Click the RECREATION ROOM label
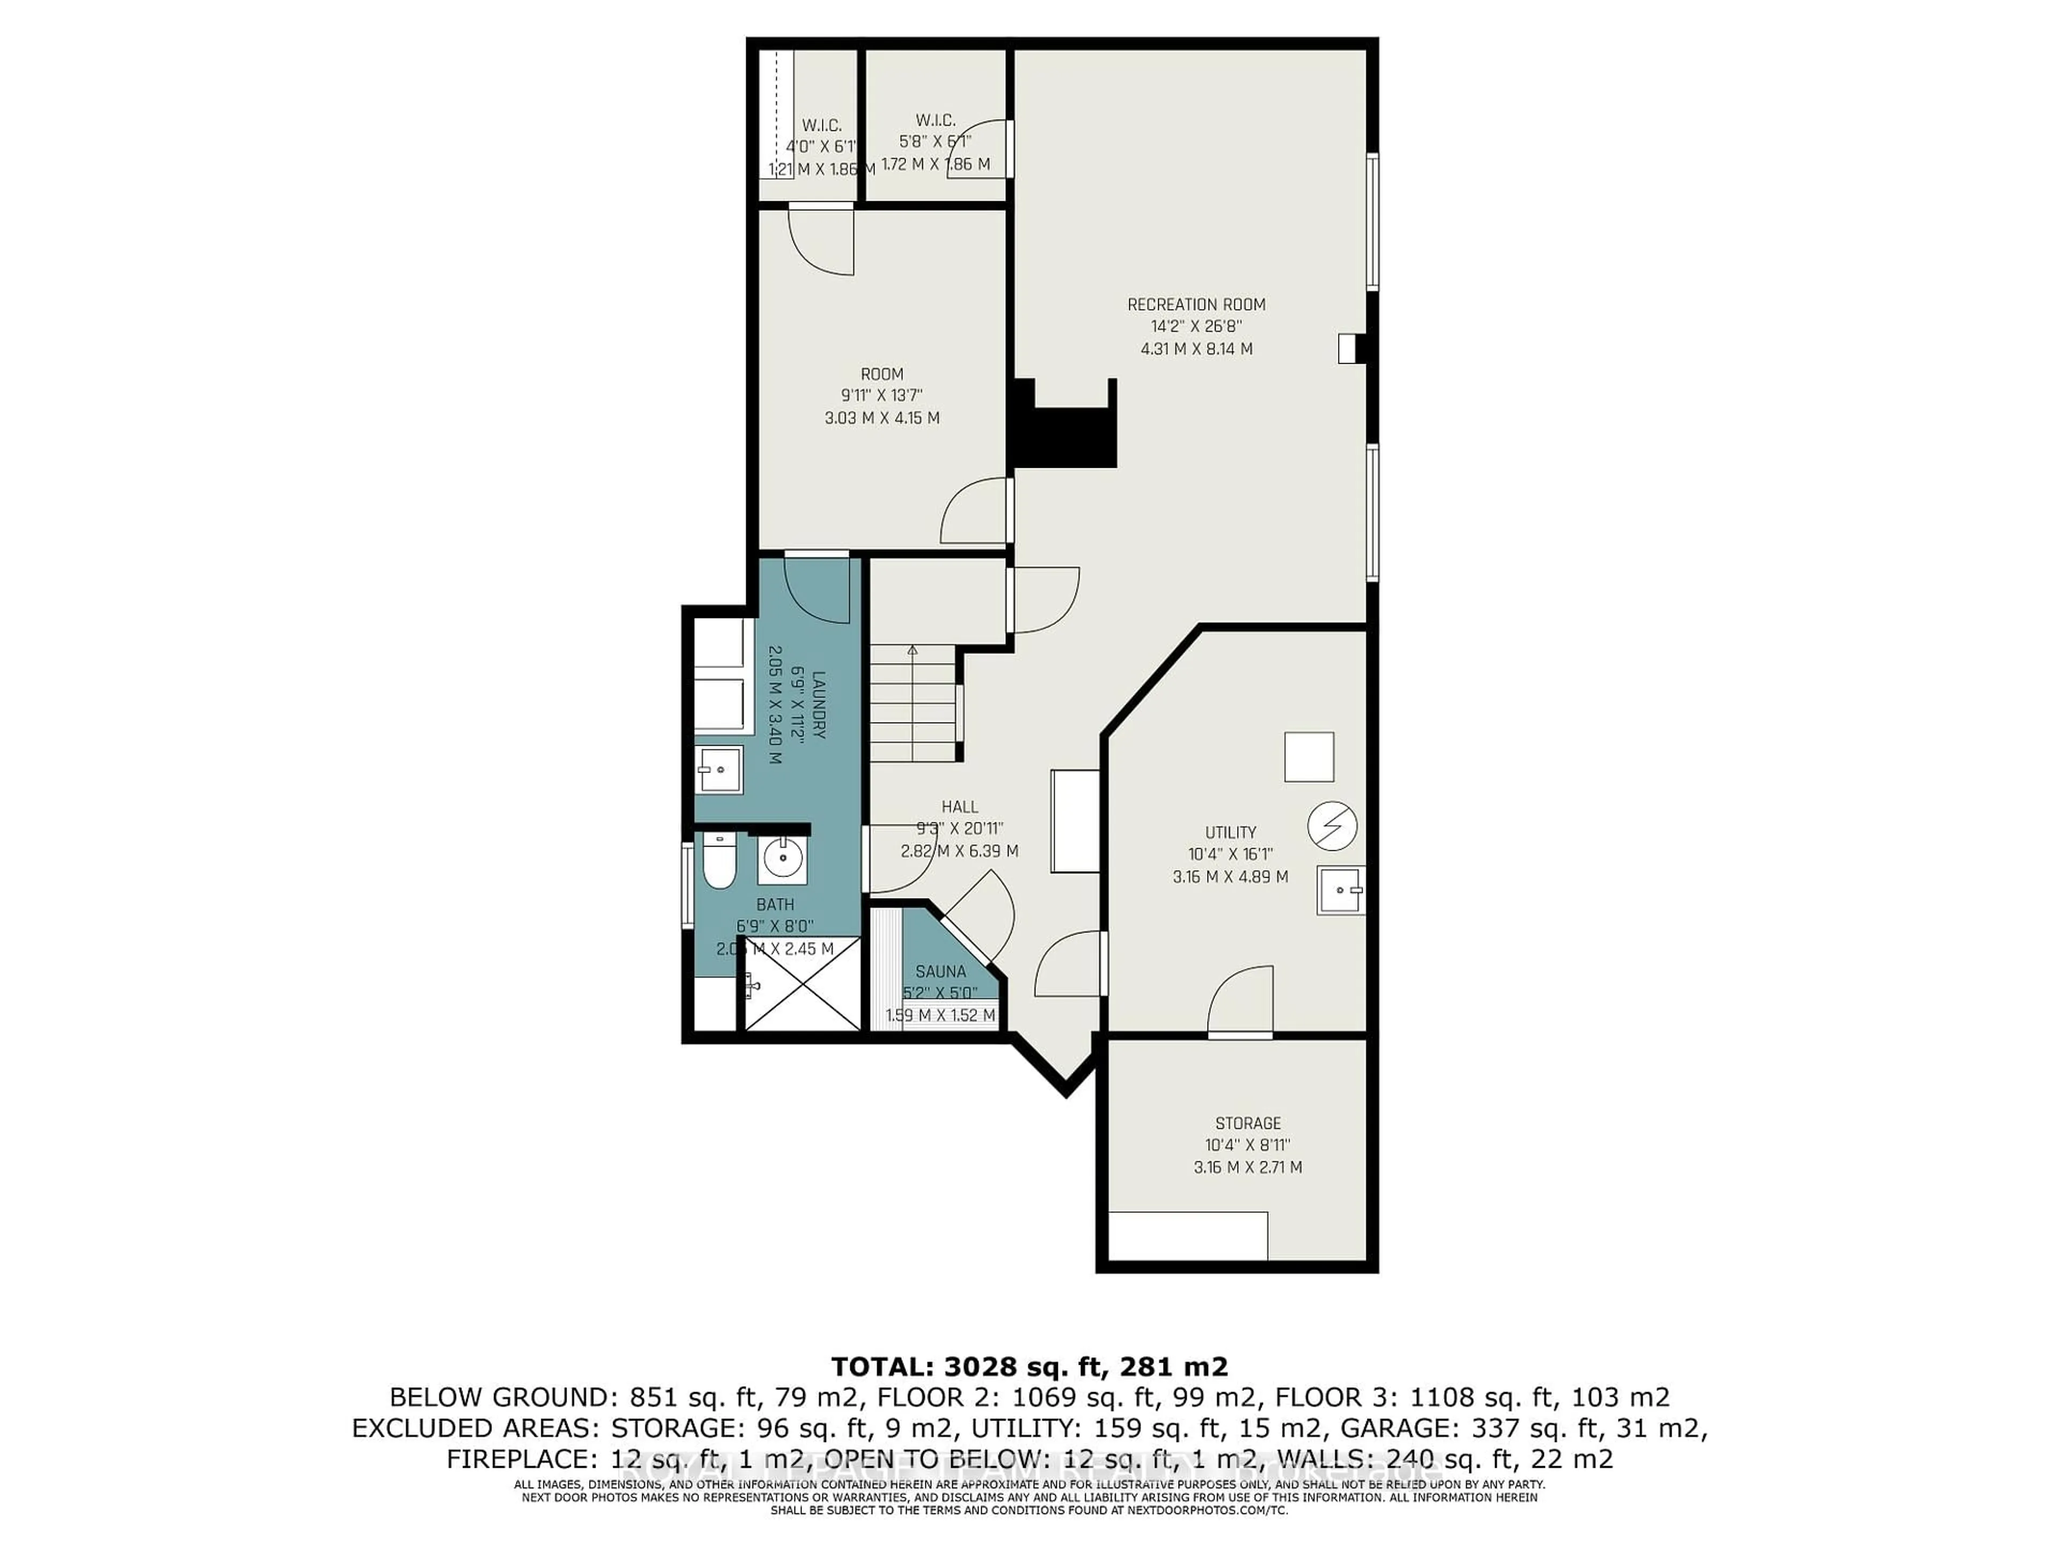click(x=1196, y=305)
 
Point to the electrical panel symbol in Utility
click(x=1331, y=826)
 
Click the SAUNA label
click(x=940, y=972)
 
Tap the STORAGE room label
click(x=1248, y=1123)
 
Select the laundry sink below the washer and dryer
click(x=719, y=769)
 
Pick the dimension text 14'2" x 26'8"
click(x=1196, y=327)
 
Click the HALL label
click(x=959, y=806)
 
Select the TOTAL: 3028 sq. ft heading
click(x=1029, y=1367)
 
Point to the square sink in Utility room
click(x=1340, y=891)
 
